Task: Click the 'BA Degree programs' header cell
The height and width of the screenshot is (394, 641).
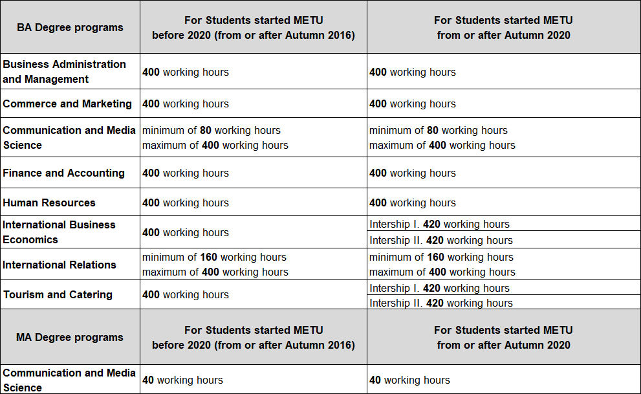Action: coord(70,27)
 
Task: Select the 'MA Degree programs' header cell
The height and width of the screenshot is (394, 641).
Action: coord(70,337)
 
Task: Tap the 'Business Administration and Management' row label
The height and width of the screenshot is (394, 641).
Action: coord(65,72)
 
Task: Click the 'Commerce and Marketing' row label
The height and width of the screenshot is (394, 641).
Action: coord(67,104)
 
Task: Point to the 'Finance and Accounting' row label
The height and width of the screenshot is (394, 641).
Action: coord(64,173)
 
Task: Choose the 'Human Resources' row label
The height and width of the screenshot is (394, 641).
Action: coord(49,202)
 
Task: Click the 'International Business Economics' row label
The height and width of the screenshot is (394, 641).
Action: coord(60,232)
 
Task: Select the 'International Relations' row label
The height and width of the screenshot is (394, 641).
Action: coord(60,265)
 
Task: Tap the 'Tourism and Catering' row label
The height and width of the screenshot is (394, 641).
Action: coord(58,294)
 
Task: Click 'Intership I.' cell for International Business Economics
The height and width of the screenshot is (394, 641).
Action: coord(439,224)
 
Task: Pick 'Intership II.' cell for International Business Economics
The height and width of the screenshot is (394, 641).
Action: coord(440,240)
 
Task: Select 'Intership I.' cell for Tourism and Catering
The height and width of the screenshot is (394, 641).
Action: coord(439,288)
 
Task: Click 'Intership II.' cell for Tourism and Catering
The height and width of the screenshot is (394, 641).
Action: coord(440,303)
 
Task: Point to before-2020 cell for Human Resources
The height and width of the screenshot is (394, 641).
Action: coord(186,202)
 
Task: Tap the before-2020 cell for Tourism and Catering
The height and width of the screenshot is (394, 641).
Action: coord(186,294)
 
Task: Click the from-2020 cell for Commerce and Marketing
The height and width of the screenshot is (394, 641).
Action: coord(413,104)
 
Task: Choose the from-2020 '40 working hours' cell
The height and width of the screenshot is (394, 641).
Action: coord(409,380)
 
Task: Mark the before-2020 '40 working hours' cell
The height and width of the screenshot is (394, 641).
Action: coord(183,380)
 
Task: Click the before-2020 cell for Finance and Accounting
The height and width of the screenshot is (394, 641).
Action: coord(186,173)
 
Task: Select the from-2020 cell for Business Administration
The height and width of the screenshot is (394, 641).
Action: coord(413,72)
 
